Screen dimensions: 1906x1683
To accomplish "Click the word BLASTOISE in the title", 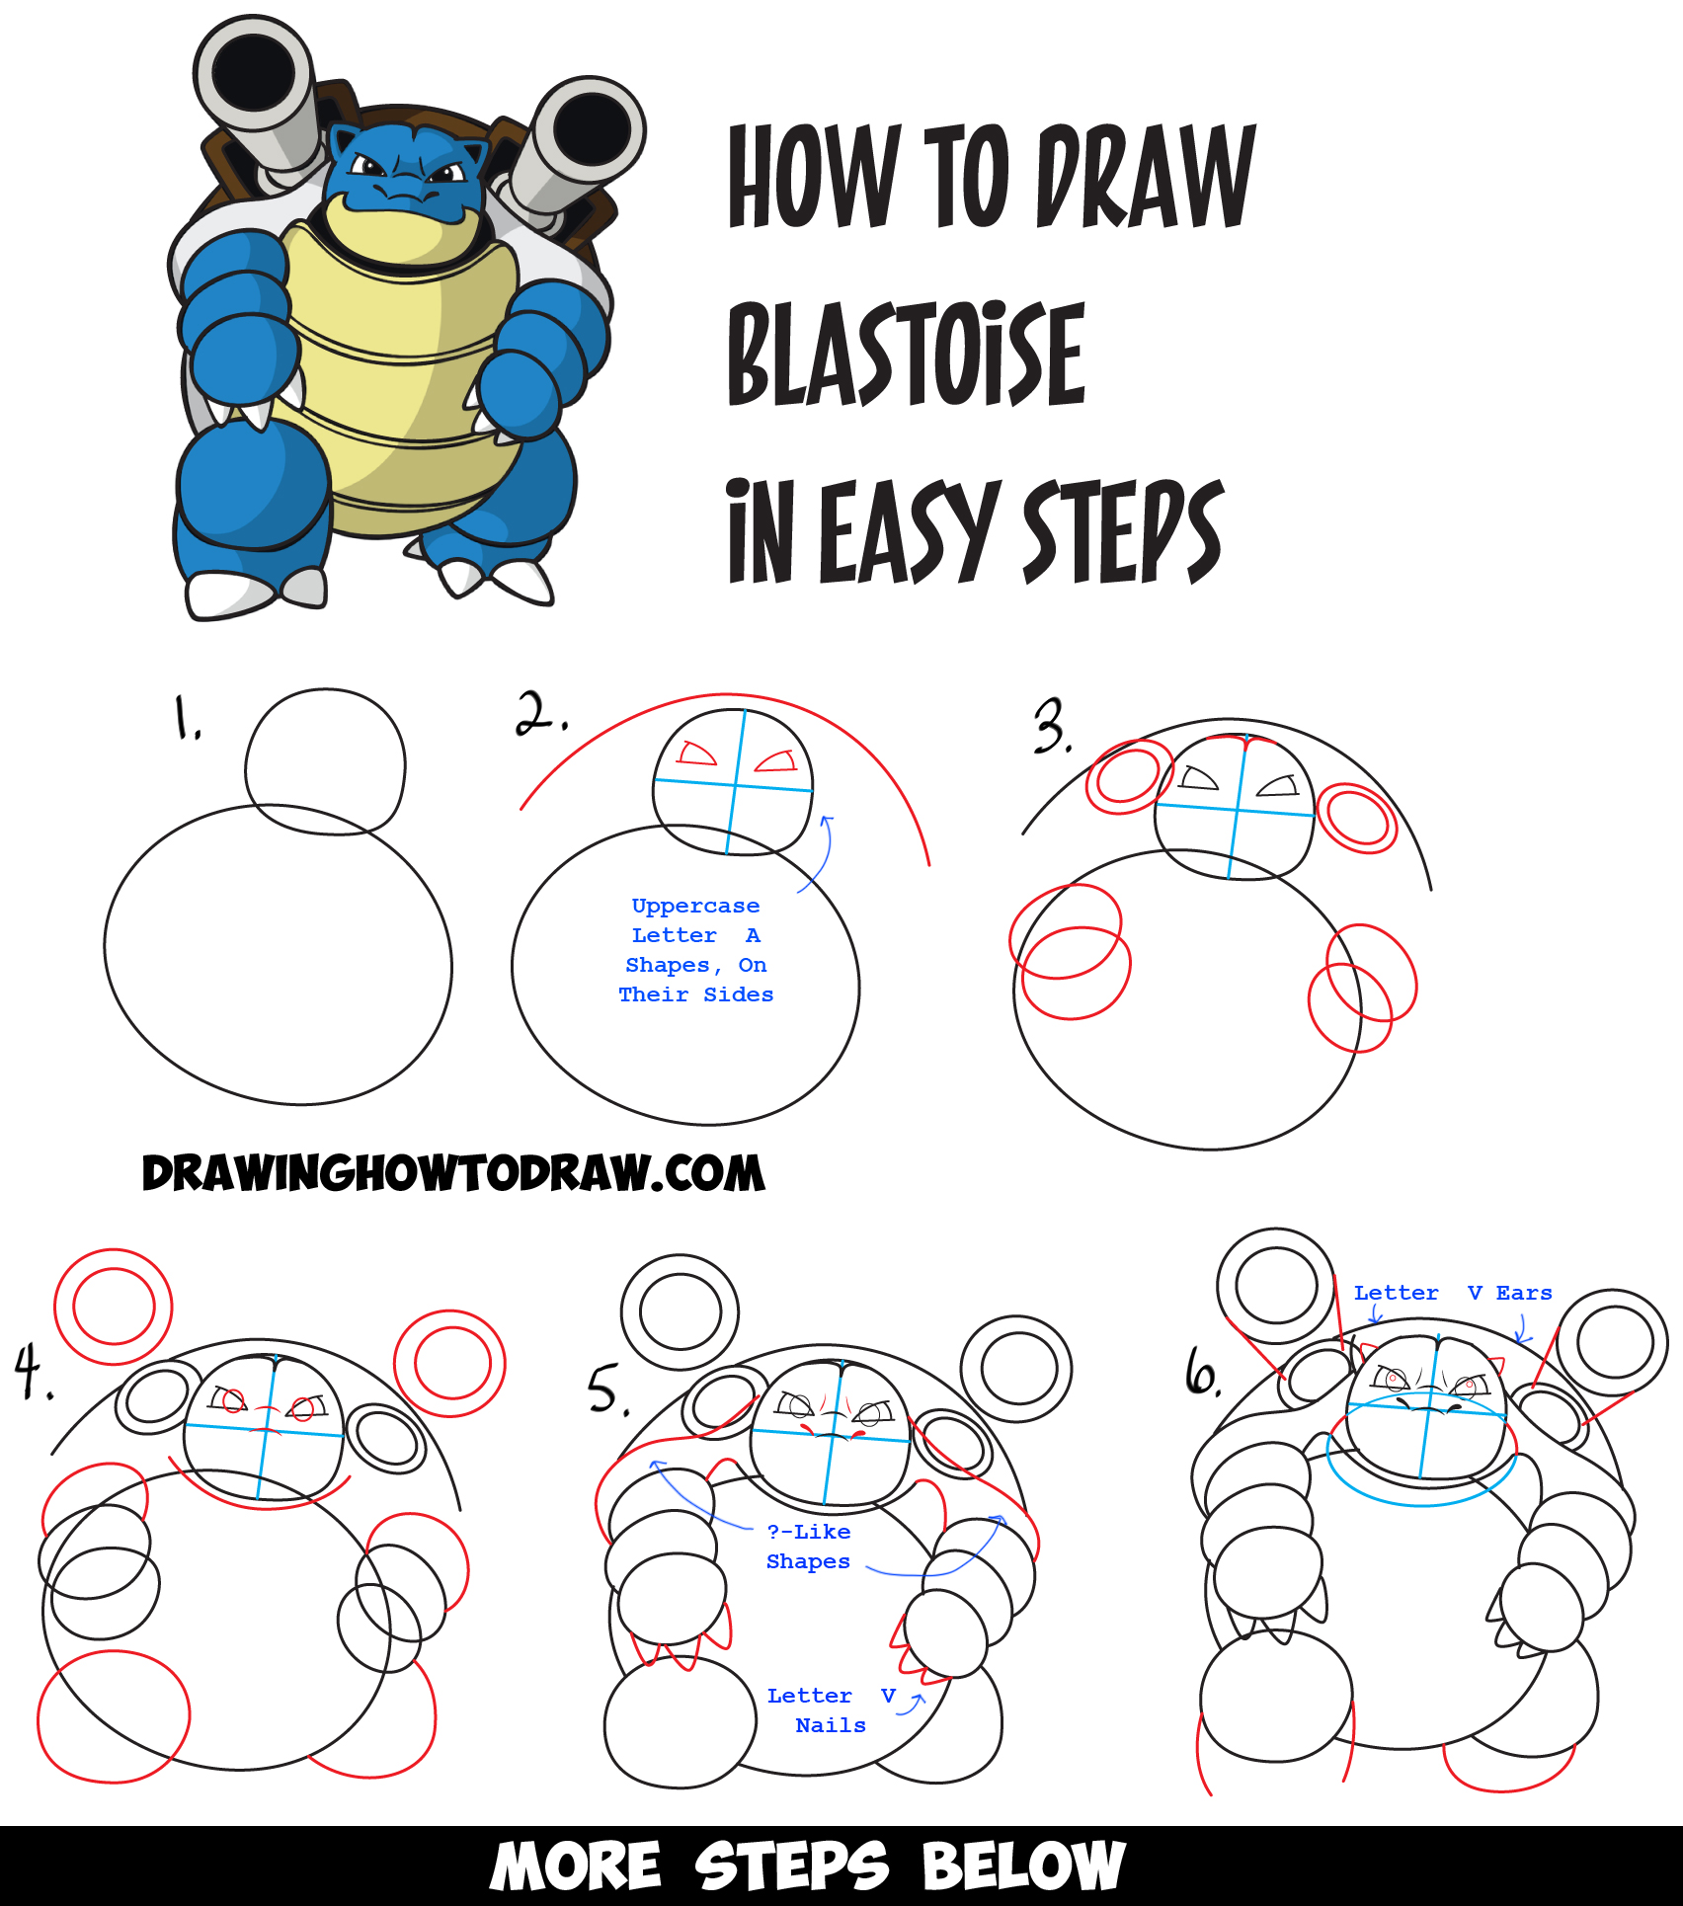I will pos(906,355).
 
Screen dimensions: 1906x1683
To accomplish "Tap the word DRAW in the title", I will pos(1146,177).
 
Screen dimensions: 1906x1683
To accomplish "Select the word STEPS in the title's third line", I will pos(1122,533).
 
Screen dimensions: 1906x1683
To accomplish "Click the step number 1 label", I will pos(187,718).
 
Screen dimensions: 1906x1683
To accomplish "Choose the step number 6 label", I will pos(1202,1374).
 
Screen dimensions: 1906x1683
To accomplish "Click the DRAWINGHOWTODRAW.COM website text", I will pos(453,1173).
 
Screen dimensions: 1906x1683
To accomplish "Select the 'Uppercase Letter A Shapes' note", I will pos(696,950).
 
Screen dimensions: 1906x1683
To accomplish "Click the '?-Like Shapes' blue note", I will pos(808,1547).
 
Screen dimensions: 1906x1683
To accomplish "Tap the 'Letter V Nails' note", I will pos(830,1710).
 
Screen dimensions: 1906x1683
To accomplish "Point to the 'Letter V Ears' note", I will pos(1452,1293).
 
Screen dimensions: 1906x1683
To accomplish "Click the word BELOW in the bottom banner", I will pos(1023,1866).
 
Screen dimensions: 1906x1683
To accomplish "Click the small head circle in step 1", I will pos(325,761).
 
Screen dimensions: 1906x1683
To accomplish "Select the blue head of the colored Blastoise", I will pos(404,168).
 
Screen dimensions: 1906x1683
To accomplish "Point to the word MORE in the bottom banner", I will pos(576,1866).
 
